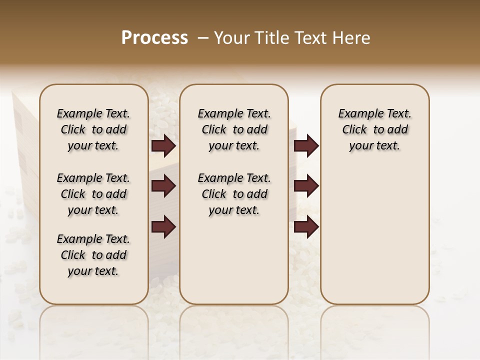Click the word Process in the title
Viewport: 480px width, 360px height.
[x=154, y=38]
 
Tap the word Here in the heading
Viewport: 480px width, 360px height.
[x=352, y=38]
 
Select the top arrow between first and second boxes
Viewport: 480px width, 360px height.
[x=163, y=146]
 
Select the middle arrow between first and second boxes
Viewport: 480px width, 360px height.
[x=163, y=186]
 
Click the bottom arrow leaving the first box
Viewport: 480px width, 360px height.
[x=163, y=226]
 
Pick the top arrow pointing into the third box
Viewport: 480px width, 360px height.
[x=306, y=146]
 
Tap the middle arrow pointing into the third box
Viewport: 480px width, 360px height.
[x=306, y=186]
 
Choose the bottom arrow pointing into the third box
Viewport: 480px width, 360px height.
[x=306, y=226]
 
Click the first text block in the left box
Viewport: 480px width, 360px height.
[x=93, y=129]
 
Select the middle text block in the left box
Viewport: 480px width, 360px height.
[x=93, y=194]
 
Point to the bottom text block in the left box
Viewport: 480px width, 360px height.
[x=93, y=255]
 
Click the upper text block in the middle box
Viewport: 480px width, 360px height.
[x=234, y=129]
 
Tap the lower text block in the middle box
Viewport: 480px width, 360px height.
[x=234, y=194]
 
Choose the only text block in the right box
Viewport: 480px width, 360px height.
[x=374, y=129]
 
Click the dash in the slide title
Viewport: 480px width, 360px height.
[x=203, y=38]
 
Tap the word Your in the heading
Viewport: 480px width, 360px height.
[x=232, y=38]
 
